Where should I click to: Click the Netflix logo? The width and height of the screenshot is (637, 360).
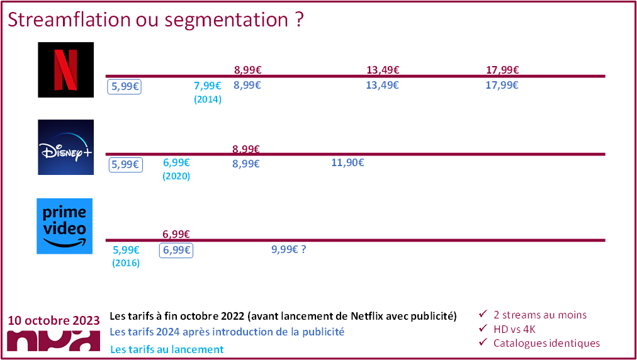pos(66,69)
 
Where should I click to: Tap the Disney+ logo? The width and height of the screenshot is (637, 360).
pos(66,147)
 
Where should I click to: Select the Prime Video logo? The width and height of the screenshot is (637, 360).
pos(65,226)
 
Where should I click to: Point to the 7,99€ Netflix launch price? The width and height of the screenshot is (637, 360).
pos(207,86)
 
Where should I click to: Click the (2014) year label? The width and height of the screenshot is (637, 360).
pos(208,99)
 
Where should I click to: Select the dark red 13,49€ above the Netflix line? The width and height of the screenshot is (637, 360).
pos(383,70)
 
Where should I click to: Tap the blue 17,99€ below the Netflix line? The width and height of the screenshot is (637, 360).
pos(502,86)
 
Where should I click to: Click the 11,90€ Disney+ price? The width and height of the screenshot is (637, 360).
pos(347,164)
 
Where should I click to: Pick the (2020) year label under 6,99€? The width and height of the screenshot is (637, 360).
pos(176,177)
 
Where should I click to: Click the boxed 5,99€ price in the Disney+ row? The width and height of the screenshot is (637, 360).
pos(125,164)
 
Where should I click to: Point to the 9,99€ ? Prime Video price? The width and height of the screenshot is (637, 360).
pos(288,249)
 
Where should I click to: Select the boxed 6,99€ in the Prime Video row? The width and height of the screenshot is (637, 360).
pos(176,250)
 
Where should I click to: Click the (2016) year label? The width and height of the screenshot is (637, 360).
pos(126,263)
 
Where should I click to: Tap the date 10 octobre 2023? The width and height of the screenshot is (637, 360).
pos(54,320)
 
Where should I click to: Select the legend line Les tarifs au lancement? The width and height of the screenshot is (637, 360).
pos(167,349)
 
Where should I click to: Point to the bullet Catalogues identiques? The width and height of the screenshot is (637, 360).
pos(546,343)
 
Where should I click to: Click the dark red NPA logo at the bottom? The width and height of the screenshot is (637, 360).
pos(54,340)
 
